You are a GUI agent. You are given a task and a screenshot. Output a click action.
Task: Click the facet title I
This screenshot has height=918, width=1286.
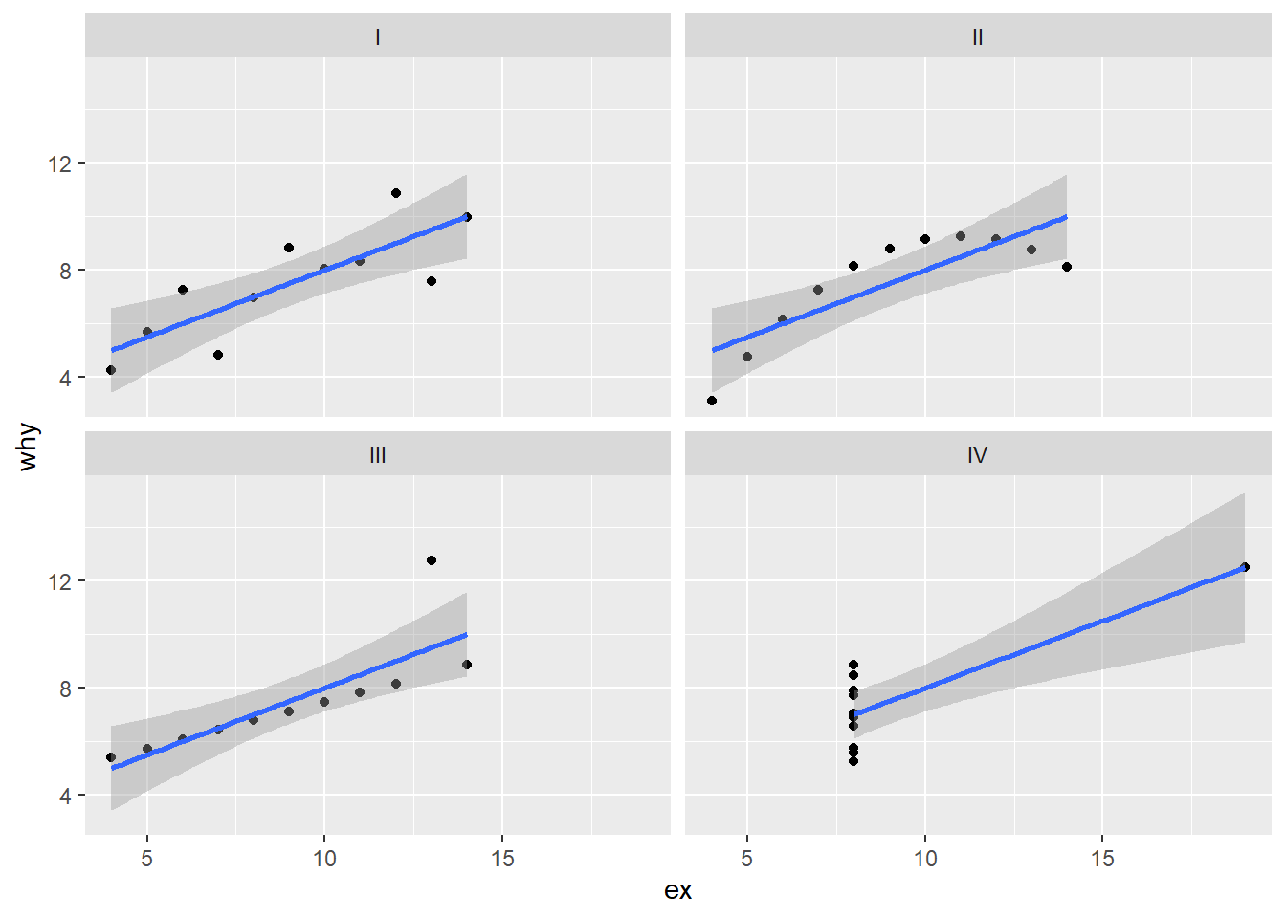378,37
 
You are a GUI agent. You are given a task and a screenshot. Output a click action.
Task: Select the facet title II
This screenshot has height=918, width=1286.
977,37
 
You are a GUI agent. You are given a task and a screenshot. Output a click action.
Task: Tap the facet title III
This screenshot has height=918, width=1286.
378,455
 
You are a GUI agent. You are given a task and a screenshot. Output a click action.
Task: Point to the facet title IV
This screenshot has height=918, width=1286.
977,455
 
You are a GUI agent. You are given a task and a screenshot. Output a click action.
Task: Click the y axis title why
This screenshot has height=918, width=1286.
29,447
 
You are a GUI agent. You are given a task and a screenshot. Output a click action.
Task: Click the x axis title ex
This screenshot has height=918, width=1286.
677,891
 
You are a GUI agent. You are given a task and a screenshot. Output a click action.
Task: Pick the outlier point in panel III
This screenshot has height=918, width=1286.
432,560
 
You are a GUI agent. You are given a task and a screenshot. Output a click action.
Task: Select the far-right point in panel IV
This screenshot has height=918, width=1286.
1245,567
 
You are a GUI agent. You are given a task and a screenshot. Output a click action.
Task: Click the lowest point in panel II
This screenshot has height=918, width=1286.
712,401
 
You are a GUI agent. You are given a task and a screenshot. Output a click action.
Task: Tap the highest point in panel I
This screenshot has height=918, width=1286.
396,193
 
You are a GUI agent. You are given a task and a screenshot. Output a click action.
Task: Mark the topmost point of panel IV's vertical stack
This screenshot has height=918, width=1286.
854,665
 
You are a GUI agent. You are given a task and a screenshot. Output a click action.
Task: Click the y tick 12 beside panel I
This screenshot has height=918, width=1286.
59,164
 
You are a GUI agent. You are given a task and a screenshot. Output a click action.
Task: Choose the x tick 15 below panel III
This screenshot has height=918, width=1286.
502,859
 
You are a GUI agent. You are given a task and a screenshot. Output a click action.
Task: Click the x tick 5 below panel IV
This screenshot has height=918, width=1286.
746,859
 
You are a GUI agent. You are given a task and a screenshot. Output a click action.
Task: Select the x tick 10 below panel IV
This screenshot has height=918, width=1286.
924,859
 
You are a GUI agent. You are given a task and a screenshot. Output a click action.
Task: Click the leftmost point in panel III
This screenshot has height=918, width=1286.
111,757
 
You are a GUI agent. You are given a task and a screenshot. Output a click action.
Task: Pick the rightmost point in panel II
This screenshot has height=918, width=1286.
1067,267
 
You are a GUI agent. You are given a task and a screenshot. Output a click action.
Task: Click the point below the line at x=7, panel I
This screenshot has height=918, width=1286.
218,355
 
